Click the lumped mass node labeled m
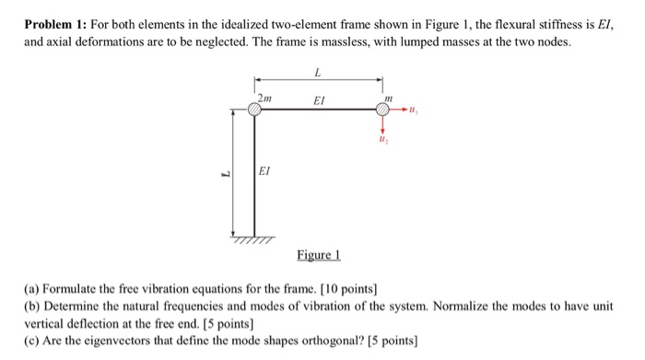[383, 110]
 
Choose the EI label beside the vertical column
[265, 169]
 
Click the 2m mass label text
[264, 96]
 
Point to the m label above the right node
[388, 96]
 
